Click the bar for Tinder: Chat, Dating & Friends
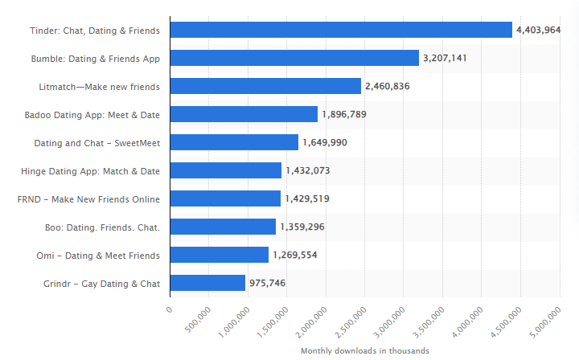click(x=341, y=30)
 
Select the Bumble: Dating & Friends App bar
click(x=294, y=58)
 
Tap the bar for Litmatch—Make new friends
click(x=265, y=86)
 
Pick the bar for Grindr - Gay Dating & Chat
click(x=207, y=283)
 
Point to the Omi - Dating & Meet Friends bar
click(x=220, y=255)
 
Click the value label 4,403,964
click(x=538, y=30)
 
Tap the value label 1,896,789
click(x=343, y=114)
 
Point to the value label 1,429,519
click(x=306, y=198)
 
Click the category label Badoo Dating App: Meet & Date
click(x=92, y=115)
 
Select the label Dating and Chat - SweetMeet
click(x=96, y=143)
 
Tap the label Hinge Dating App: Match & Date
click(x=90, y=171)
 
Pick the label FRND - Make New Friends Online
click(x=88, y=199)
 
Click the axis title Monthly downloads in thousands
click(x=364, y=351)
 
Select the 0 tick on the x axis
click(x=170, y=309)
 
